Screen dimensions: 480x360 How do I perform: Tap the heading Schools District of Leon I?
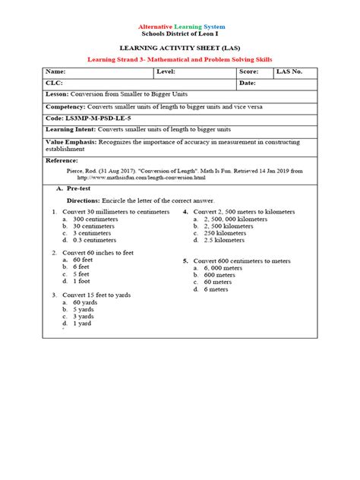pyautogui.click(x=179, y=35)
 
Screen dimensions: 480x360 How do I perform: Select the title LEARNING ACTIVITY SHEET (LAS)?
pyautogui.click(x=179, y=48)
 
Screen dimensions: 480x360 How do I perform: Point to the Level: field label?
pyautogui.click(x=166, y=71)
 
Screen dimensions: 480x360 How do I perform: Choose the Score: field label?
pyautogui.click(x=251, y=71)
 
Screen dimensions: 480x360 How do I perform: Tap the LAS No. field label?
pyautogui.click(x=289, y=71)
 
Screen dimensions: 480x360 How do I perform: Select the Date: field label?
pyautogui.click(x=248, y=83)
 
